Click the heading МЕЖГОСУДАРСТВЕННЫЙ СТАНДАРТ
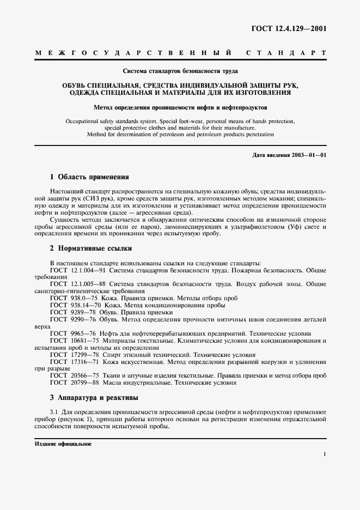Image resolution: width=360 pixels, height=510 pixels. click(x=180, y=53)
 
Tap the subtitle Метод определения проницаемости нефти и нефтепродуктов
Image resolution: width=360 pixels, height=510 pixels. click(x=180, y=107)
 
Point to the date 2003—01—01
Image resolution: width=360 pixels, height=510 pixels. click(x=309, y=155)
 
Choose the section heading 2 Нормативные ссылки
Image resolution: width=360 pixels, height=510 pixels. click(x=87, y=248)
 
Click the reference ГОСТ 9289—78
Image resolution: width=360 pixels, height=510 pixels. click(x=71, y=313)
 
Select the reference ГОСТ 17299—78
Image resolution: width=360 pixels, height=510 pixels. click(x=74, y=355)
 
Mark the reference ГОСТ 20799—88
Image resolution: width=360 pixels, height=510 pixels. click(x=74, y=383)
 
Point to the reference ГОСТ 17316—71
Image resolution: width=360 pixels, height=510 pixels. click(x=74, y=362)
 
